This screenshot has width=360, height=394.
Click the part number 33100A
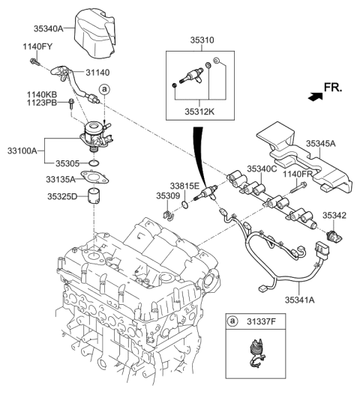(x=24, y=151)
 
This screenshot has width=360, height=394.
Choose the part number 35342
(x=334, y=215)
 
